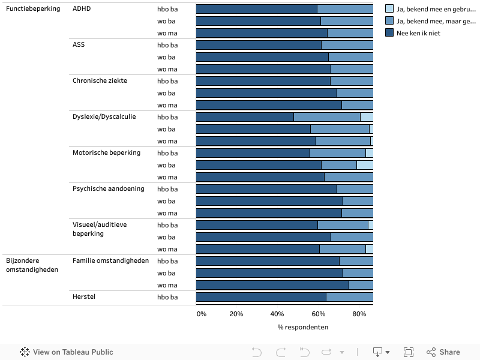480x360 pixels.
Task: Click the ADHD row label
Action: coord(82,9)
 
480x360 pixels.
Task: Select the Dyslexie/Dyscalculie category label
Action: coord(104,117)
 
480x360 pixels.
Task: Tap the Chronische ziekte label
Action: coord(100,81)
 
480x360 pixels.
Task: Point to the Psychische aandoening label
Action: coord(108,189)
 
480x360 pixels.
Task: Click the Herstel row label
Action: coord(83,297)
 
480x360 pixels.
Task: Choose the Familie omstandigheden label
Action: coord(110,261)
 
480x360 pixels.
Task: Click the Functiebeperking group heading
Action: coord(33,9)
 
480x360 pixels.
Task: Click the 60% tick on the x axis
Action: coord(318,314)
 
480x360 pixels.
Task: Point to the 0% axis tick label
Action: coord(202,314)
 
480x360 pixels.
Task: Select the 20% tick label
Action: coord(236,314)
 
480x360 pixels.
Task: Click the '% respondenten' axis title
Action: coord(302,327)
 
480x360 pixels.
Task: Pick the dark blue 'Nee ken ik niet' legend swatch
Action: coord(389,33)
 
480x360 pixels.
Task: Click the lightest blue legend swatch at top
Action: coord(389,9)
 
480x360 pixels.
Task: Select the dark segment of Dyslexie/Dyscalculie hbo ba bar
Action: coord(245,117)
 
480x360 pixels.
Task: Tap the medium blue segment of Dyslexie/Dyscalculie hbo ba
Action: coord(326,117)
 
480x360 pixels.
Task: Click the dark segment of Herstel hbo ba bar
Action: coord(261,297)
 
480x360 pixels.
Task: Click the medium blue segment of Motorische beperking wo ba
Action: coord(339,165)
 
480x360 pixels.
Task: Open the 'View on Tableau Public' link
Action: coord(67,352)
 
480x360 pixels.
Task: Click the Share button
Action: coord(443,352)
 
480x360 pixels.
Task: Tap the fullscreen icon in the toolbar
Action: coord(409,352)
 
